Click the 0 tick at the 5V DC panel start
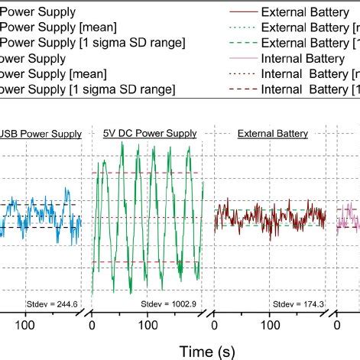click(x=92, y=324)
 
